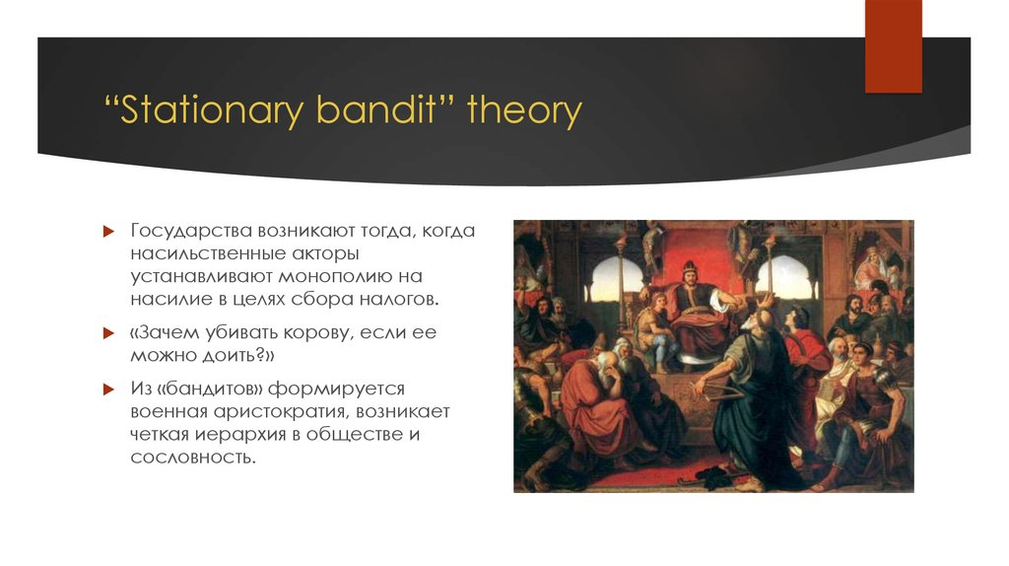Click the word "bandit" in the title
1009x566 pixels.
pos(375,109)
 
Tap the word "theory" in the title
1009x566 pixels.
pos(524,111)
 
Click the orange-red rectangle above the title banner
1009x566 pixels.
pos(893,46)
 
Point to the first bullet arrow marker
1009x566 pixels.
pos(108,231)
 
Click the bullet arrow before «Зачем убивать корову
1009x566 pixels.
pos(108,333)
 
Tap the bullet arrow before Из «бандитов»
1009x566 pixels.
pos(108,389)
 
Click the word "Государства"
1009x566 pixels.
pos(190,231)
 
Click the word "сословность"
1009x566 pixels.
pos(192,458)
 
